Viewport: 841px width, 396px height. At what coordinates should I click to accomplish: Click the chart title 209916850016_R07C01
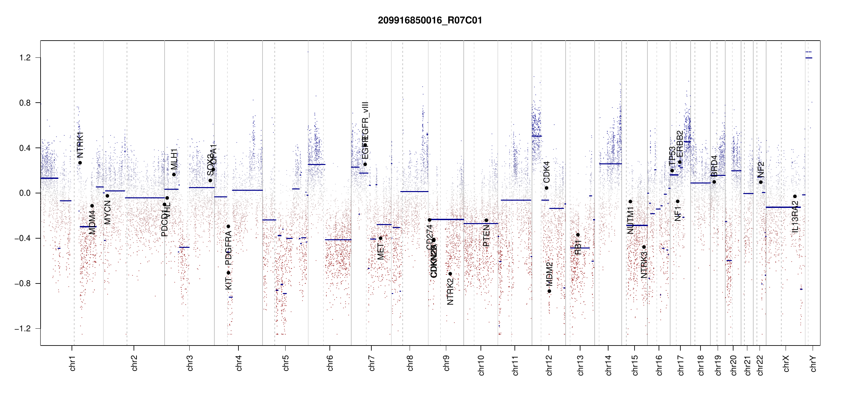click(430, 20)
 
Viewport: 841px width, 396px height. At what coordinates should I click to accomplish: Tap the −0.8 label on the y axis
click(22, 283)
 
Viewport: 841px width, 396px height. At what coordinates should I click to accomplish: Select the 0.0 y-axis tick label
click(25, 193)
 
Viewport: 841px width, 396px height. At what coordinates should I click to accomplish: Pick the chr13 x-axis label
click(580, 365)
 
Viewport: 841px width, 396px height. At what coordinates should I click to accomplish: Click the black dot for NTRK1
click(80, 163)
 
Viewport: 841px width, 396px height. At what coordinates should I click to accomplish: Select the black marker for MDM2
click(549, 291)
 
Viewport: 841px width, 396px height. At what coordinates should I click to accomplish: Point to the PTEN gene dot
click(486, 220)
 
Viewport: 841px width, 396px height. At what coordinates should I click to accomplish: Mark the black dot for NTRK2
click(450, 274)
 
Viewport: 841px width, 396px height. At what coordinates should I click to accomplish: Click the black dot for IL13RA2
click(795, 196)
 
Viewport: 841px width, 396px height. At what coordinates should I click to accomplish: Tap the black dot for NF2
click(761, 182)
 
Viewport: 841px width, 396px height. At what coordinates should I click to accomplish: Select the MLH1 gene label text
click(174, 159)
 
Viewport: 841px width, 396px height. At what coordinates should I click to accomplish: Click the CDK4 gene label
click(546, 172)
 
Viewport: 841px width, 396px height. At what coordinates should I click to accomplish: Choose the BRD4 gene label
click(714, 166)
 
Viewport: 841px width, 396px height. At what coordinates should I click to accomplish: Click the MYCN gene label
click(108, 213)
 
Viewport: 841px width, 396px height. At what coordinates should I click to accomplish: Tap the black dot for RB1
click(578, 235)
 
